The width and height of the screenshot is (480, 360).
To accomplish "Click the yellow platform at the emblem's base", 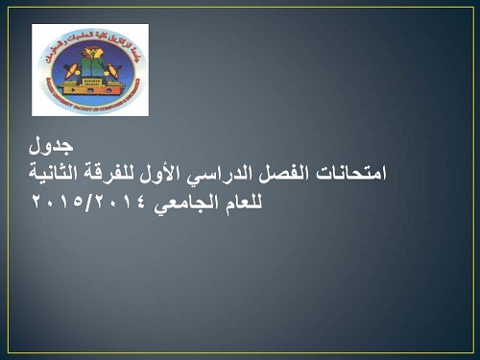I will coord(90,88).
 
